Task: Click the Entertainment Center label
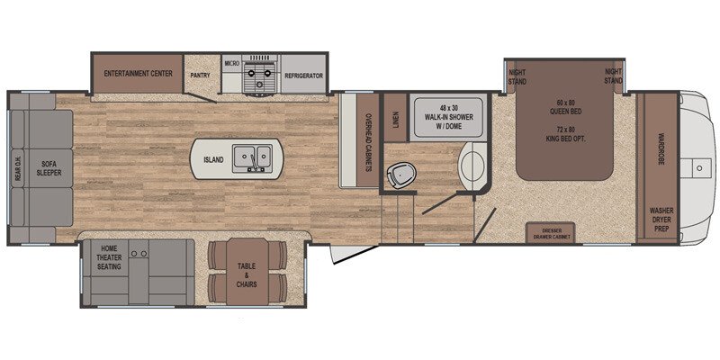[x=139, y=74]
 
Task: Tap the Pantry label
[x=200, y=76]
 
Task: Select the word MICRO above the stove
[x=232, y=63]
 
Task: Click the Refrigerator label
[x=303, y=76]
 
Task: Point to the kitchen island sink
[x=252, y=158]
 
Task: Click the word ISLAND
[x=213, y=160]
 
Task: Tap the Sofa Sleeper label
[x=51, y=168]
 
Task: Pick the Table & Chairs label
[x=247, y=275]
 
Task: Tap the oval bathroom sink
[x=470, y=166]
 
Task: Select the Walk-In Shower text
[x=448, y=118]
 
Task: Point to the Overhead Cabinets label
[x=368, y=142]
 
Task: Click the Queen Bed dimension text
[x=564, y=107]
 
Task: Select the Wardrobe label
[x=661, y=149]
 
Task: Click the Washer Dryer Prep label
[x=661, y=220]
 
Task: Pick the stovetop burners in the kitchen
[x=260, y=76]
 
